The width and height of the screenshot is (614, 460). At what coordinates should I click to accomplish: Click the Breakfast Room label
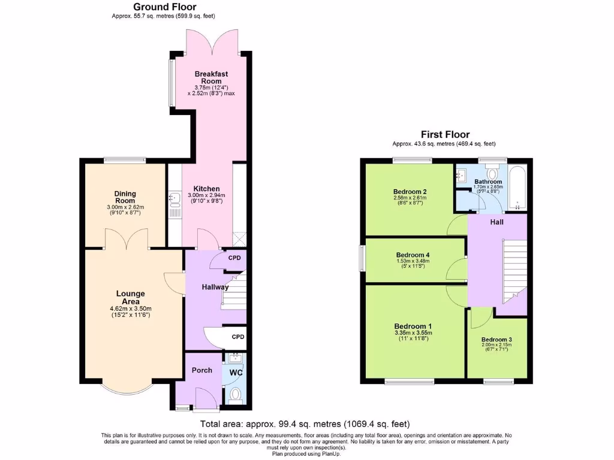click(211, 77)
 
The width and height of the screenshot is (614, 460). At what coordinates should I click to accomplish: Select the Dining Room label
click(125, 197)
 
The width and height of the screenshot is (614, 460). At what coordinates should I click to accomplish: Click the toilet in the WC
click(235, 395)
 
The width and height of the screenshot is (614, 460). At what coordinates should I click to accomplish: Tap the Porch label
click(201, 370)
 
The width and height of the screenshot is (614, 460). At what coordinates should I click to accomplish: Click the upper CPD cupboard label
click(234, 258)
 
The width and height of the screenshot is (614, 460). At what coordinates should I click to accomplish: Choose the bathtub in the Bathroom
click(517, 188)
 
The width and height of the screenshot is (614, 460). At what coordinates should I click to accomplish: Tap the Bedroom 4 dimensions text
click(413, 264)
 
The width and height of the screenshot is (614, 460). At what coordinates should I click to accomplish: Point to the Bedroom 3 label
click(496, 338)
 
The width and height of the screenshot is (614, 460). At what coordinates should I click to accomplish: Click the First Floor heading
click(445, 135)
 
